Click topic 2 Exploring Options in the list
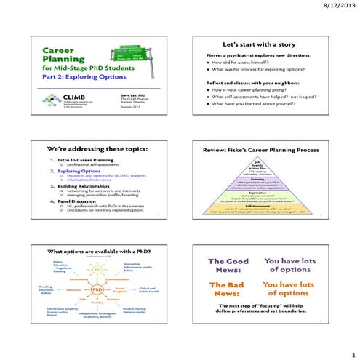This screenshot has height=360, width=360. (75, 172)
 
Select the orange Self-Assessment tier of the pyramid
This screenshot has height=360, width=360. (263, 210)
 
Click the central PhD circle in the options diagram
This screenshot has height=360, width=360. (97, 288)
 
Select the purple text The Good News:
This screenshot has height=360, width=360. (228, 265)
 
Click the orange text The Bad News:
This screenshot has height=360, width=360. (227, 289)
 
